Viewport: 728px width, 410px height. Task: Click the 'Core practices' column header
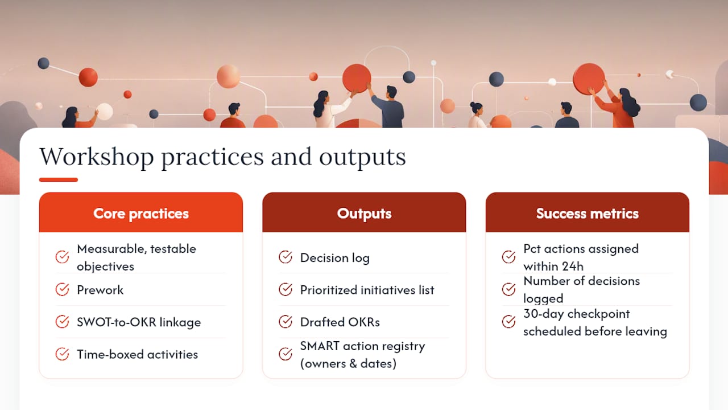[140, 214]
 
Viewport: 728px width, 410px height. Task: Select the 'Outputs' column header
[364, 214]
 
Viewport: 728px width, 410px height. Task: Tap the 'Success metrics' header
[588, 214]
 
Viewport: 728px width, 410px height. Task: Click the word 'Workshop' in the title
[97, 157]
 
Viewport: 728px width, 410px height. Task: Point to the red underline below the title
[59, 179]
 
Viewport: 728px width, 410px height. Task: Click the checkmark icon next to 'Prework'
[62, 289]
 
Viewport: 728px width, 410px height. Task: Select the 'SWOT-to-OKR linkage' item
[139, 322]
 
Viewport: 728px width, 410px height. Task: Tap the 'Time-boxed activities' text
[137, 354]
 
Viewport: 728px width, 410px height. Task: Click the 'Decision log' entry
[335, 258]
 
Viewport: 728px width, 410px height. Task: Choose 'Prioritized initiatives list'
[367, 290]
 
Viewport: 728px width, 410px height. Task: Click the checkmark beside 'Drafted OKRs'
[286, 322]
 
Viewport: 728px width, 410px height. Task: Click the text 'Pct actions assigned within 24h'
[581, 257]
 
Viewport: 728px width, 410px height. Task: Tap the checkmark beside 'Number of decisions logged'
[508, 289]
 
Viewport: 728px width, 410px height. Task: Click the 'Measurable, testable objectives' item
[136, 257]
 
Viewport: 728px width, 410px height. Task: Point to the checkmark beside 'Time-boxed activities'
[62, 354]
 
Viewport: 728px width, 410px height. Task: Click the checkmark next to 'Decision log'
[286, 257]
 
